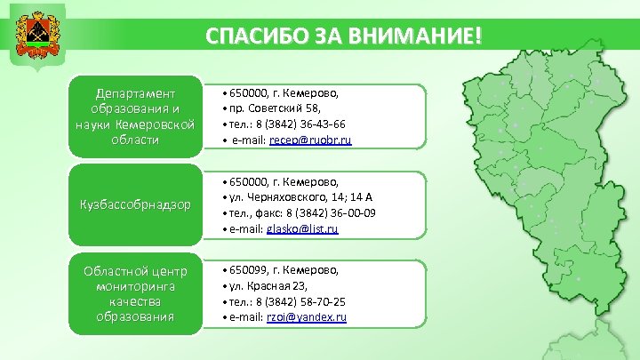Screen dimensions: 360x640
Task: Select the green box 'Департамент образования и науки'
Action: [x=135, y=116]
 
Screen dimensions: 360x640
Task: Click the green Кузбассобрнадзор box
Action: [x=135, y=204]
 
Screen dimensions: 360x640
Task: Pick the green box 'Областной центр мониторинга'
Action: [x=135, y=292]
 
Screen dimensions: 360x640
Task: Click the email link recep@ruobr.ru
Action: [x=310, y=140]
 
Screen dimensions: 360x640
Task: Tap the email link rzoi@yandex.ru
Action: [x=307, y=316]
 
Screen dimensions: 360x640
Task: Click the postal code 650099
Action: [x=248, y=268]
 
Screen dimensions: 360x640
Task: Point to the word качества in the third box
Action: [x=135, y=301]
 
